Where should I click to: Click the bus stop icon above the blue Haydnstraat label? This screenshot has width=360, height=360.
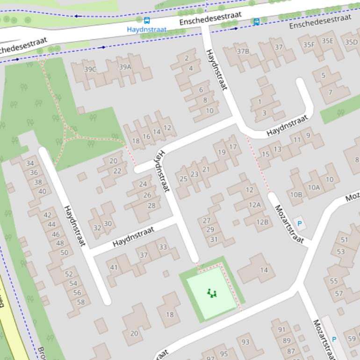147,21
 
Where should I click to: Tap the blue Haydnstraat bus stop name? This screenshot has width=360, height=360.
146,29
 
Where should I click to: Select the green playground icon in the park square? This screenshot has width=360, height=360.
212,293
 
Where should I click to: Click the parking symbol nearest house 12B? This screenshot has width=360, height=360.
300,224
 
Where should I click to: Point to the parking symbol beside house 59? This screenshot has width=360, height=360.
334,339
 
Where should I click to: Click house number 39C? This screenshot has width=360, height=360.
90,70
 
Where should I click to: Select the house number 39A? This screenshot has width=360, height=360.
125,67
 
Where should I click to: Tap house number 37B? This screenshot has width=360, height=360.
243,51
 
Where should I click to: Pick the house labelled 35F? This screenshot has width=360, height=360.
309,44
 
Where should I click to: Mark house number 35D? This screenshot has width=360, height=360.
351,42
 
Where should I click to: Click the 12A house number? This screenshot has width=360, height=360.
254,205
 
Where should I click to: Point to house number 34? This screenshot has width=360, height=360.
30,163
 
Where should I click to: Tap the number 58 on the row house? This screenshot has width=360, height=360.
80,302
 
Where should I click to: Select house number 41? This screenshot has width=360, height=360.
114,267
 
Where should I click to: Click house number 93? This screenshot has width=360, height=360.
245,342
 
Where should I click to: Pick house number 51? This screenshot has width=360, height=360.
345,240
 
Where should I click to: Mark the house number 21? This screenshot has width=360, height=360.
206,169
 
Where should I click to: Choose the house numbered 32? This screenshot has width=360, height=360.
97,228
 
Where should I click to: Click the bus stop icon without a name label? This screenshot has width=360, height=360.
256,22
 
